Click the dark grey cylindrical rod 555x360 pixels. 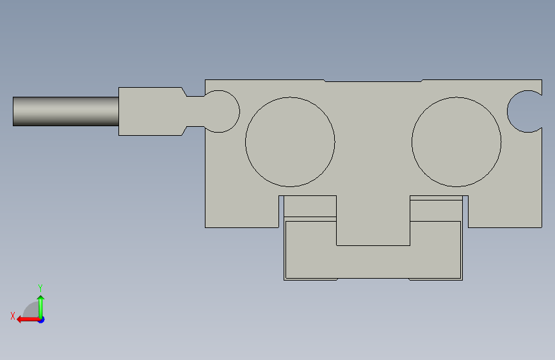click(x=66, y=111)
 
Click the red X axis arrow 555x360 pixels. click(x=28, y=320)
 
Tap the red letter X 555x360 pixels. click(x=13, y=316)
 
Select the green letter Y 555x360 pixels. click(x=40, y=288)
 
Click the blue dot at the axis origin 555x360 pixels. click(x=42, y=320)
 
